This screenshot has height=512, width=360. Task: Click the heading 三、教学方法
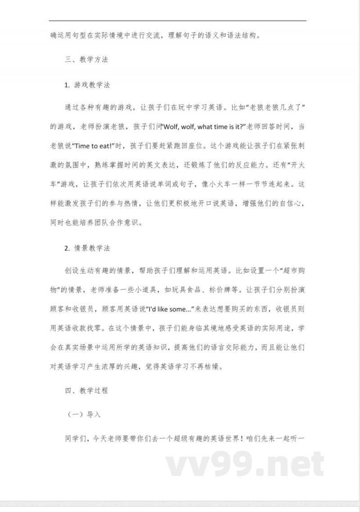point(86,59)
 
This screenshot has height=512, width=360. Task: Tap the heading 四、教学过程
point(86,391)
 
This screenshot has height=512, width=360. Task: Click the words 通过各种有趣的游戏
point(99,106)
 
